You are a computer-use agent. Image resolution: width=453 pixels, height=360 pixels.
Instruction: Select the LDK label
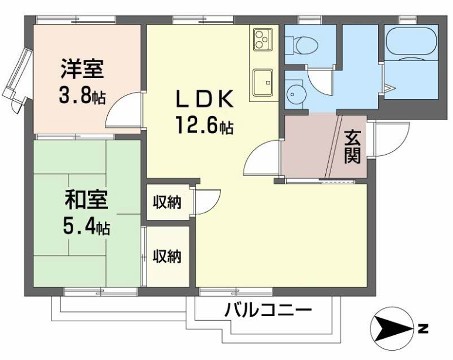(x=207, y=99)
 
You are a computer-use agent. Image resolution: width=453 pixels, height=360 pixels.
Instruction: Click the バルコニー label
(x=267, y=309)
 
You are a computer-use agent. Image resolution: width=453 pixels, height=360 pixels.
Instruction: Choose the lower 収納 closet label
(x=167, y=256)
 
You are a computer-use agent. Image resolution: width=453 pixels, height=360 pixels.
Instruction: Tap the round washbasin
(x=296, y=94)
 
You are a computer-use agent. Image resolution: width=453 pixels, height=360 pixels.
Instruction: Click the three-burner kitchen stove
(x=261, y=42)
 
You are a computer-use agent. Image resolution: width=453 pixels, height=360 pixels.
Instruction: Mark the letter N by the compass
(x=422, y=328)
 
